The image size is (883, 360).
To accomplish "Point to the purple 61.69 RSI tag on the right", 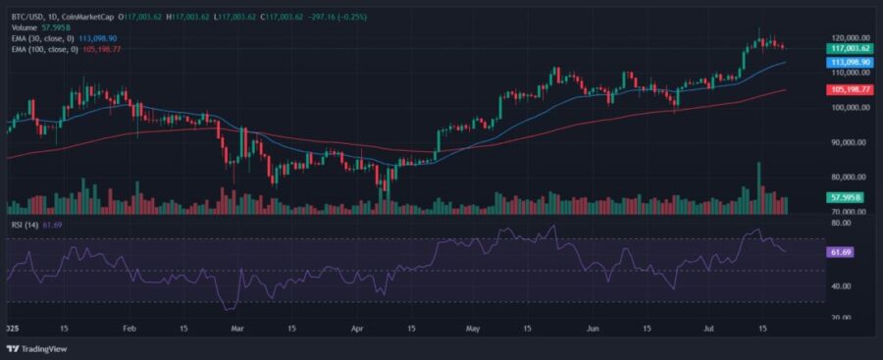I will [839, 252].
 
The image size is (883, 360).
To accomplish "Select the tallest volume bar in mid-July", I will [757, 187].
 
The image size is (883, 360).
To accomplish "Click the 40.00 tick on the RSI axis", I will [839, 286].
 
